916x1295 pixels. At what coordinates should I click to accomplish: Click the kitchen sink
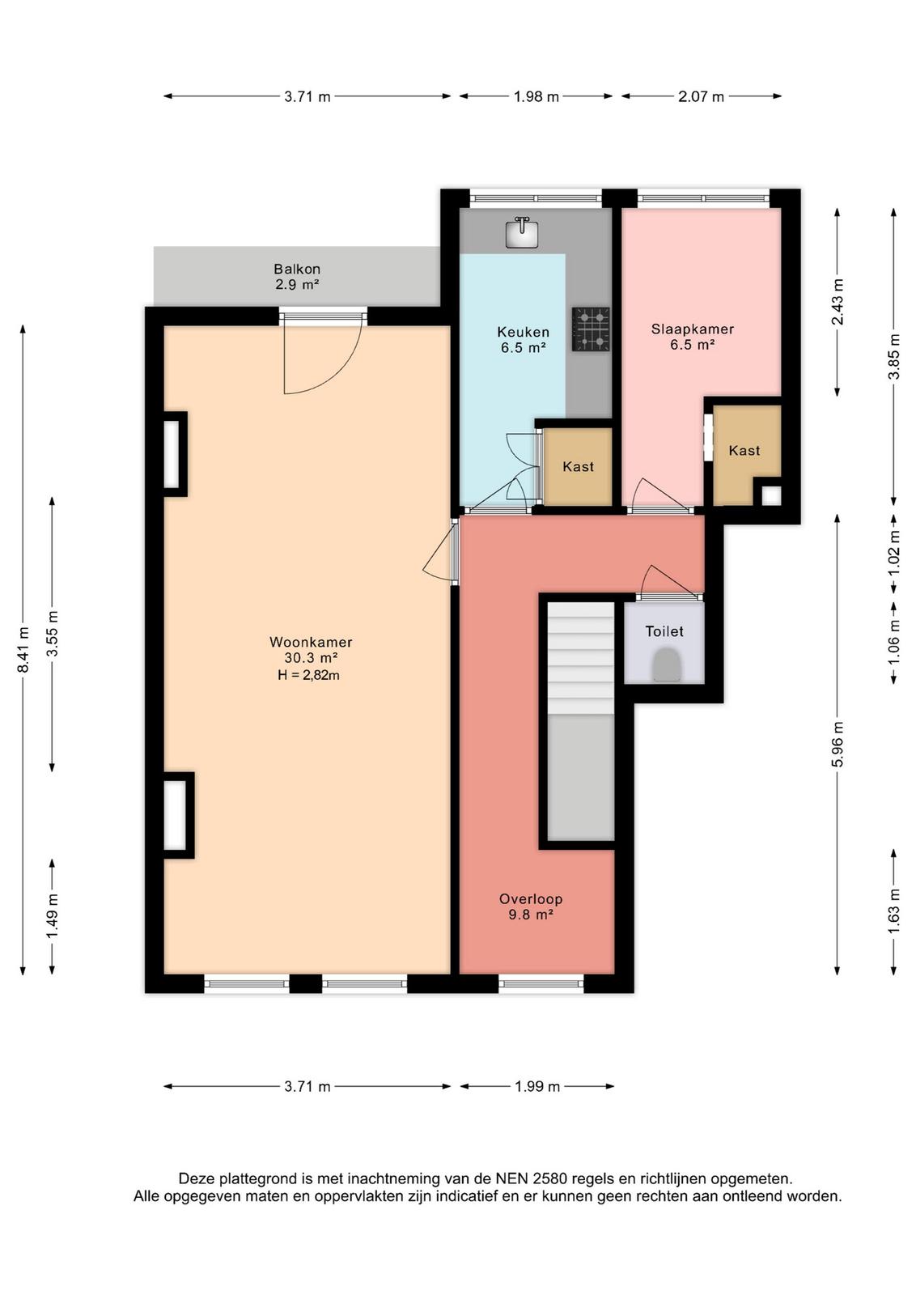click(x=522, y=232)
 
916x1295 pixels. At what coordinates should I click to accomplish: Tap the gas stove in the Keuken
click(x=591, y=329)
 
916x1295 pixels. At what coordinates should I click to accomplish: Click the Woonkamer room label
click(x=311, y=642)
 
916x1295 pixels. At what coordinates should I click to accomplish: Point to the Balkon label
click(x=297, y=269)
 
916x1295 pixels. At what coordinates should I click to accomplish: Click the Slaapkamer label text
click(x=693, y=329)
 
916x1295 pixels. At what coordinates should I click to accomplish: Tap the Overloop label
click(x=531, y=899)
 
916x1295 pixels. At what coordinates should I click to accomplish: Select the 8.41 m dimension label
click(x=23, y=650)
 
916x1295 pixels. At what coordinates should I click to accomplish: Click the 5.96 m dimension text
click(x=838, y=744)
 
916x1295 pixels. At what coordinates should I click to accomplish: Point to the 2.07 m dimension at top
click(x=701, y=96)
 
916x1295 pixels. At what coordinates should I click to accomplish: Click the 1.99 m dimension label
click(x=537, y=1086)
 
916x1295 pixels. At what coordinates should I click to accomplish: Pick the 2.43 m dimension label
click(x=838, y=301)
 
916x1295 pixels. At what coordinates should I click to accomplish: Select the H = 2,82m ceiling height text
click(x=308, y=675)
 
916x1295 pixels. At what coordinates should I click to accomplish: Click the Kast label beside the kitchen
click(x=578, y=466)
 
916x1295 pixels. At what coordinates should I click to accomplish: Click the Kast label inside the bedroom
click(x=744, y=450)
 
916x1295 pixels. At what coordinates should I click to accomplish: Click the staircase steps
click(x=581, y=659)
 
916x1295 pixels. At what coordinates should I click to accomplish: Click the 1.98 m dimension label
click(x=536, y=96)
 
